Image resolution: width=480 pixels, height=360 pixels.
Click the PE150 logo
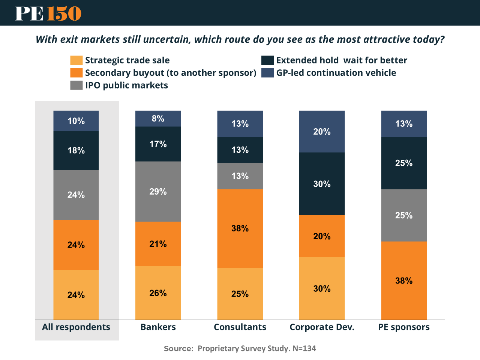point(48,13)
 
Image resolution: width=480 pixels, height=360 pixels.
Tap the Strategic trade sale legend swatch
point(76,60)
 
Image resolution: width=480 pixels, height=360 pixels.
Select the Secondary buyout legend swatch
point(76,73)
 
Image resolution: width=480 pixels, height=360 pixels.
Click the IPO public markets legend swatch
point(76,85)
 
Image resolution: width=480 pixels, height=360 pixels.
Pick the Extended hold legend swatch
point(267,60)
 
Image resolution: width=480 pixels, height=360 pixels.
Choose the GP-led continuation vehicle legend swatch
point(267,73)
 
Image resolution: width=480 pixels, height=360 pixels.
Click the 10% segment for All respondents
point(76,121)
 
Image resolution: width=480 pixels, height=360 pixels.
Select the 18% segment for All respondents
point(76,150)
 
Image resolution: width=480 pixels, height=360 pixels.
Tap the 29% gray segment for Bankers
point(158,192)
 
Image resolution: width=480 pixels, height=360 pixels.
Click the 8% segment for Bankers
point(158,118)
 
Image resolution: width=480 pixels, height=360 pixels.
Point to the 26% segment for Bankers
point(158,293)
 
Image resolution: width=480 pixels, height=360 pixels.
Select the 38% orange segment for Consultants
point(240,228)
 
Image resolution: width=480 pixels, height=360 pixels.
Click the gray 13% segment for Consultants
point(240,176)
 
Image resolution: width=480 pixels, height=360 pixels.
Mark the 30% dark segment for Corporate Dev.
point(322,184)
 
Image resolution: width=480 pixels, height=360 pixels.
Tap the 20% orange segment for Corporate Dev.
point(322,236)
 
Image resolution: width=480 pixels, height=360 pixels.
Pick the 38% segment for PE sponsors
point(404,280)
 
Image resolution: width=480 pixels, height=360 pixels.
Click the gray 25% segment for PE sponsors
point(404,215)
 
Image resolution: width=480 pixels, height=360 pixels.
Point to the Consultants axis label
point(240,327)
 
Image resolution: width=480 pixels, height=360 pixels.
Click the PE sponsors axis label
point(404,327)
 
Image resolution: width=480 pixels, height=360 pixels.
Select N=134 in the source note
point(304,348)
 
